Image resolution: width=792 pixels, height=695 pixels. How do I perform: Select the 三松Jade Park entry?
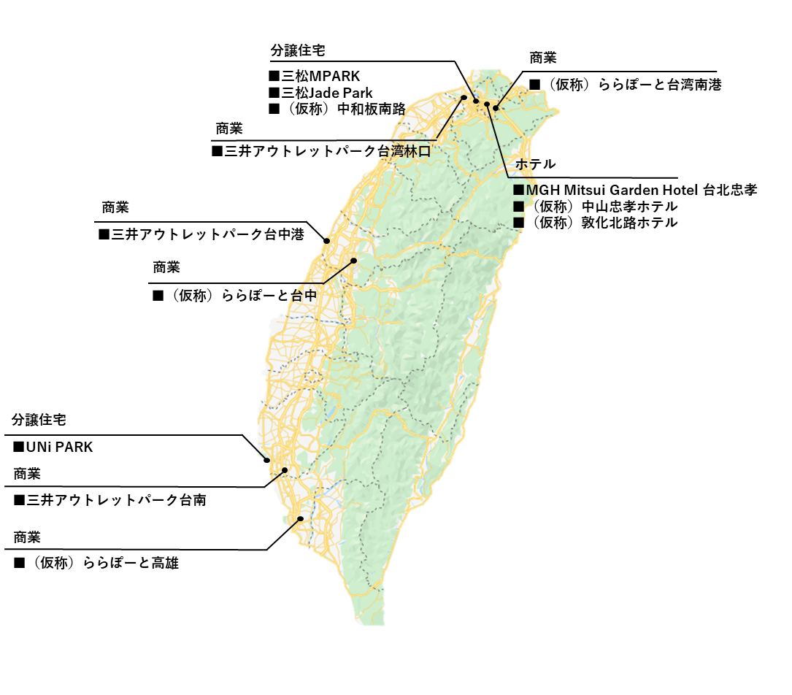click(320, 93)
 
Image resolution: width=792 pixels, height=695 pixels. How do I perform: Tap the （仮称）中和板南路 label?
click(337, 110)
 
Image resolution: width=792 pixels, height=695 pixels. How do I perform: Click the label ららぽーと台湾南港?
click(626, 85)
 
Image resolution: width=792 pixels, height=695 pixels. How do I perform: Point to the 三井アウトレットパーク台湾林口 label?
click(320, 151)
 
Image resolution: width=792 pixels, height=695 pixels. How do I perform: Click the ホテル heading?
click(536, 164)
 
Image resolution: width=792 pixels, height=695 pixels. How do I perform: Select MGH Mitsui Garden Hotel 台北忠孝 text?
click(635, 191)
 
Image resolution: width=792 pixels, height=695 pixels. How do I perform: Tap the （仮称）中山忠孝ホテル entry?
click(595, 207)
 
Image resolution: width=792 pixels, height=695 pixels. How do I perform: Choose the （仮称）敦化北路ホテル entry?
click(595, 223)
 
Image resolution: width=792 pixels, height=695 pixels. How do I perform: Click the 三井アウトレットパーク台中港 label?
click(201, 235)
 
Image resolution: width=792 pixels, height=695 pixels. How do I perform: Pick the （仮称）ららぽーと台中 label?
click(234, 296)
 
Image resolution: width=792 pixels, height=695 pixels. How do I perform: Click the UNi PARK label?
click(53, 447)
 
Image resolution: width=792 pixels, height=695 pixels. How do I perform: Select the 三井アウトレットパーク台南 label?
click(109, 500)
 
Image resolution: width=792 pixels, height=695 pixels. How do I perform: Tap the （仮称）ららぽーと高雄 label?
click(96, 563)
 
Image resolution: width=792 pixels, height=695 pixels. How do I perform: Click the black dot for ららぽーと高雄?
click(300, 518)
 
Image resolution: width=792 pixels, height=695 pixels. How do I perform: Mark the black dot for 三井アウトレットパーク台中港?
click(327, 239)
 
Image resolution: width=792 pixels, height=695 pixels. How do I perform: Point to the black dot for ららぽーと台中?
click(354, 260)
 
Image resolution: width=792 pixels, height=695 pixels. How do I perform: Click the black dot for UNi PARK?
click(267, 460)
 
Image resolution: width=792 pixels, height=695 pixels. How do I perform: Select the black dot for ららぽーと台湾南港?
click(496, 109)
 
